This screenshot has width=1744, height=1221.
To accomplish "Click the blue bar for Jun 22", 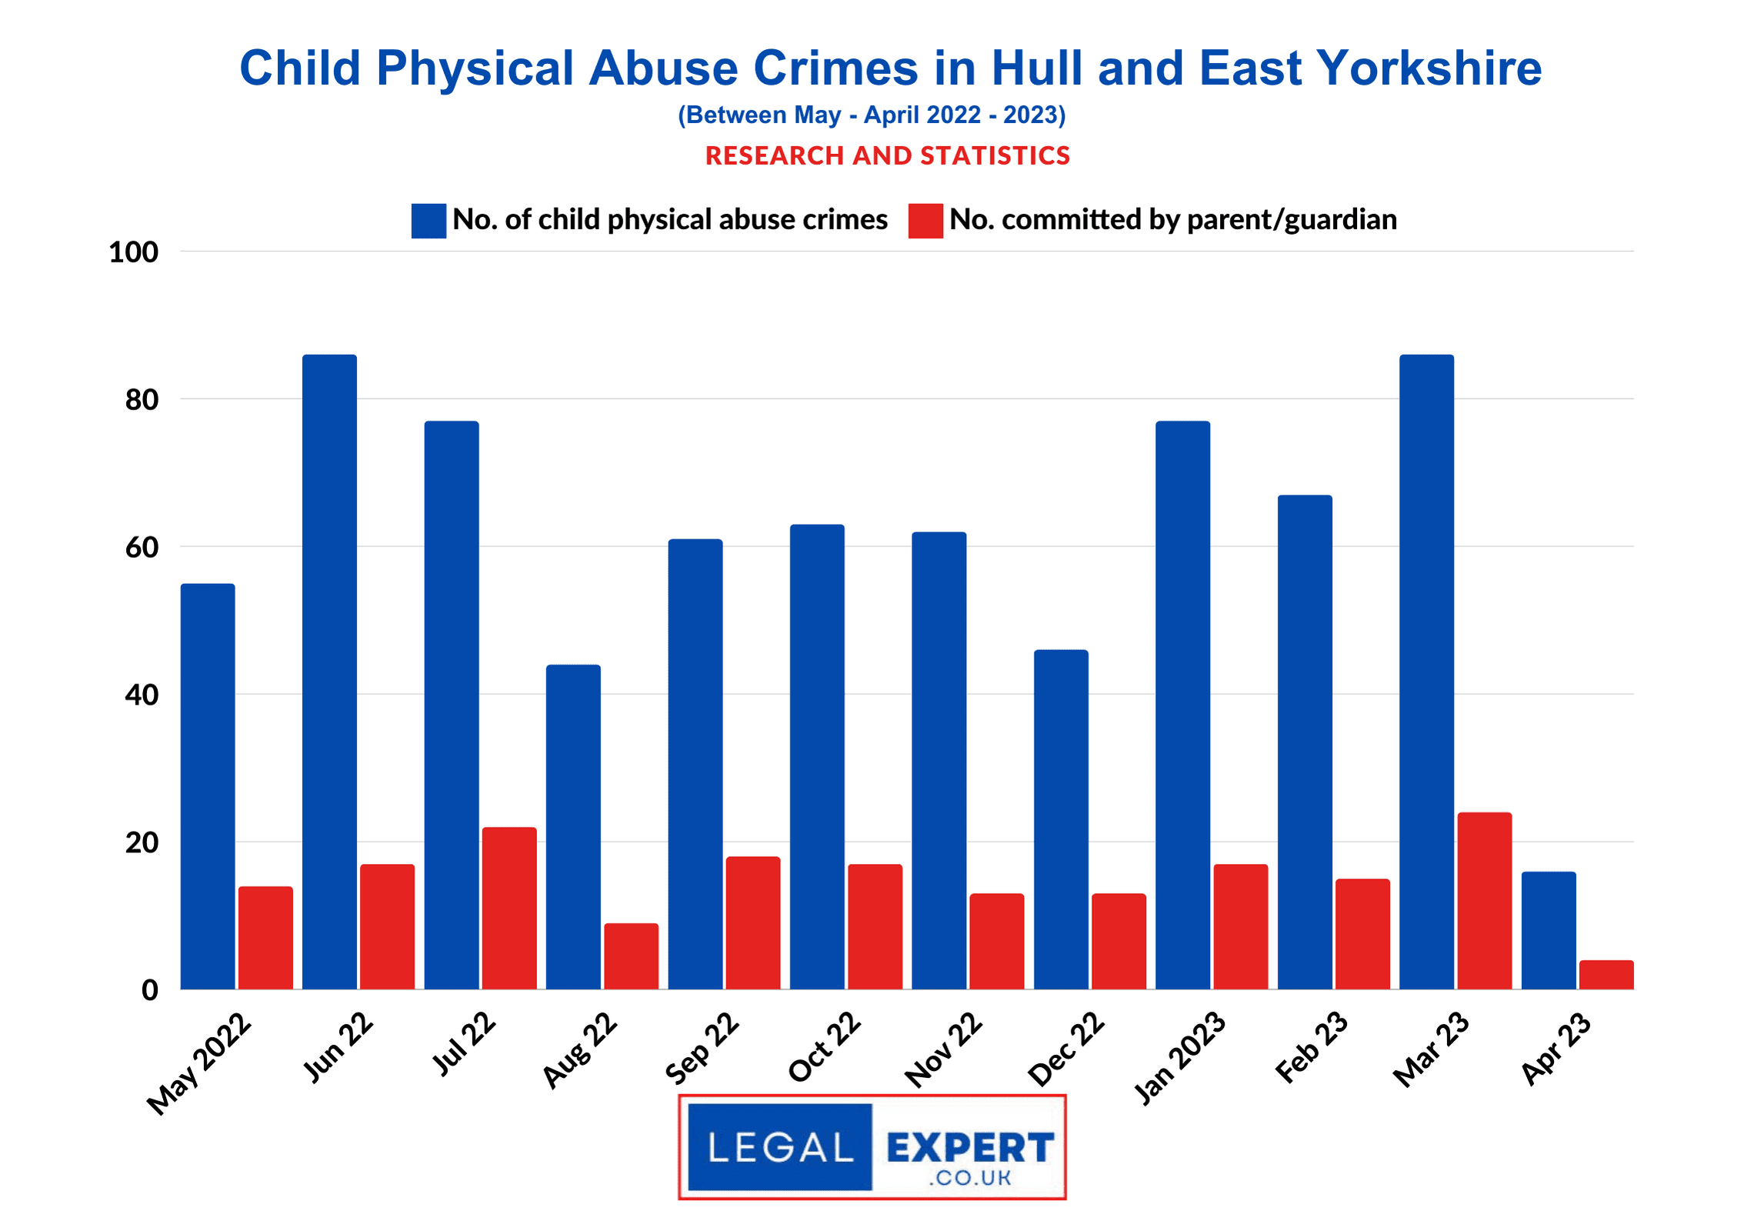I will (x=329, y=672).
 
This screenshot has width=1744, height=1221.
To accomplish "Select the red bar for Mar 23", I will (x=1484, y=901).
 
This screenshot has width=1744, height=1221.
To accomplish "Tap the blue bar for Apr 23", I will (x=1548, y=930).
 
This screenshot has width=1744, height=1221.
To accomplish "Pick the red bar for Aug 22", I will (x=631, y=956).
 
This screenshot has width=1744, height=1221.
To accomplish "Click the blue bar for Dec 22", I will (x=1061, y=819).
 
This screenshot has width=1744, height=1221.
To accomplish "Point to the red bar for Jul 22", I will (x=509, y=908).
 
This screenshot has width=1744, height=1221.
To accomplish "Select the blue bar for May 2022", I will (x=208, y=786).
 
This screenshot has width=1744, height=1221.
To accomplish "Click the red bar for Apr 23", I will (x=1606, y=975).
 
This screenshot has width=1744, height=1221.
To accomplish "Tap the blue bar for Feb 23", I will (x=1305, y=742).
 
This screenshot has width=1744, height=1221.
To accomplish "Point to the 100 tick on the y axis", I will (x=134, y=252).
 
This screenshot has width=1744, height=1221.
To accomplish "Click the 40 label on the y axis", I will (x=142, y=695).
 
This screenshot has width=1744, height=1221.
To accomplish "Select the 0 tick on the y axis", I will (x=150, y=990).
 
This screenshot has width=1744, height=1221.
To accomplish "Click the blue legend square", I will (x=428, y=221).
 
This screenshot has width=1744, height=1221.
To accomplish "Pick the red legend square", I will (x=925, y=221).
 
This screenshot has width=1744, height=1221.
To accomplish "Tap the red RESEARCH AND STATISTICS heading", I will (x=888, y=156).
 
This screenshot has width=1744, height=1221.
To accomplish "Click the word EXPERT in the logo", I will (x=969, y=1148).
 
